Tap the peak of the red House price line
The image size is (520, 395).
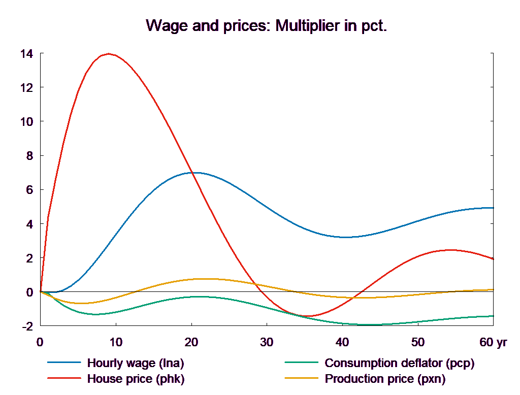click(108, 54)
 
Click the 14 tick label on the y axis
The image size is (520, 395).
click(26, 54)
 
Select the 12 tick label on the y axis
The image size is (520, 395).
click(26, 88)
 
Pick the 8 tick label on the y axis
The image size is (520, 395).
click(29, 156)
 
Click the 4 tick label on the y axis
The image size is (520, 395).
click(29, 224)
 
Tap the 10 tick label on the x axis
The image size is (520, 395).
click(116, 342)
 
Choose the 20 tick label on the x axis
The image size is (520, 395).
click(191, 342)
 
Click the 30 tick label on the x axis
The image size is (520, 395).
click(267, 342)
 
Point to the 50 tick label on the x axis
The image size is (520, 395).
click(418, 342)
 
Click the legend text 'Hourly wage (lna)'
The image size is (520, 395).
click(136, 363)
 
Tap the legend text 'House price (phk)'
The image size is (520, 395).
click(136, 379)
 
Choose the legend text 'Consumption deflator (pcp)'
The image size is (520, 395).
click(399, 363)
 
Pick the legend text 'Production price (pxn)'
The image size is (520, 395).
click(385, 379)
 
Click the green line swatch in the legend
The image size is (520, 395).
click(302, 363)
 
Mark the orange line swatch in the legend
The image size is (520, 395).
click(302, 379)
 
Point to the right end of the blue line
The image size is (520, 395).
click(494, 208)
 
